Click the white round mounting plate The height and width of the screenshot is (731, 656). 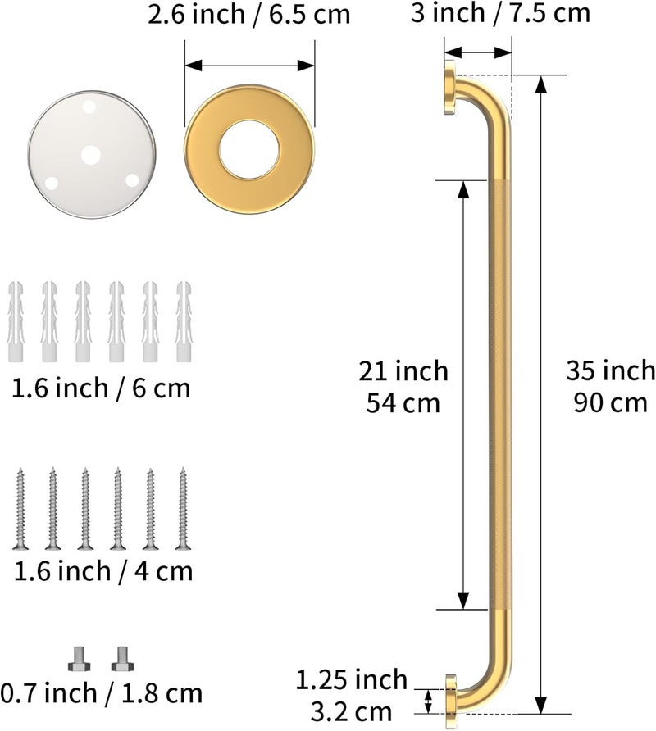[x=92, y=155]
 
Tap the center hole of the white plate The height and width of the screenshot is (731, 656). [x=91, y=155]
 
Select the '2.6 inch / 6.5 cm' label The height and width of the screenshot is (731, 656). [x=249, y=15]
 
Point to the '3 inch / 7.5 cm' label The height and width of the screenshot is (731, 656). [x=500, y=12]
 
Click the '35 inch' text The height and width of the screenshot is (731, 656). [x=611, y=370]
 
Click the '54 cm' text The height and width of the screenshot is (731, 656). [x=403, y=403]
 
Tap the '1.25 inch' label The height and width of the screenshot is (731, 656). [x=352, y=679]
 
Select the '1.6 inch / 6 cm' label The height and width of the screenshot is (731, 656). [x=101, y=388]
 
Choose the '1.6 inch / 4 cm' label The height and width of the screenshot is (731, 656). [x=103, y=571]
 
